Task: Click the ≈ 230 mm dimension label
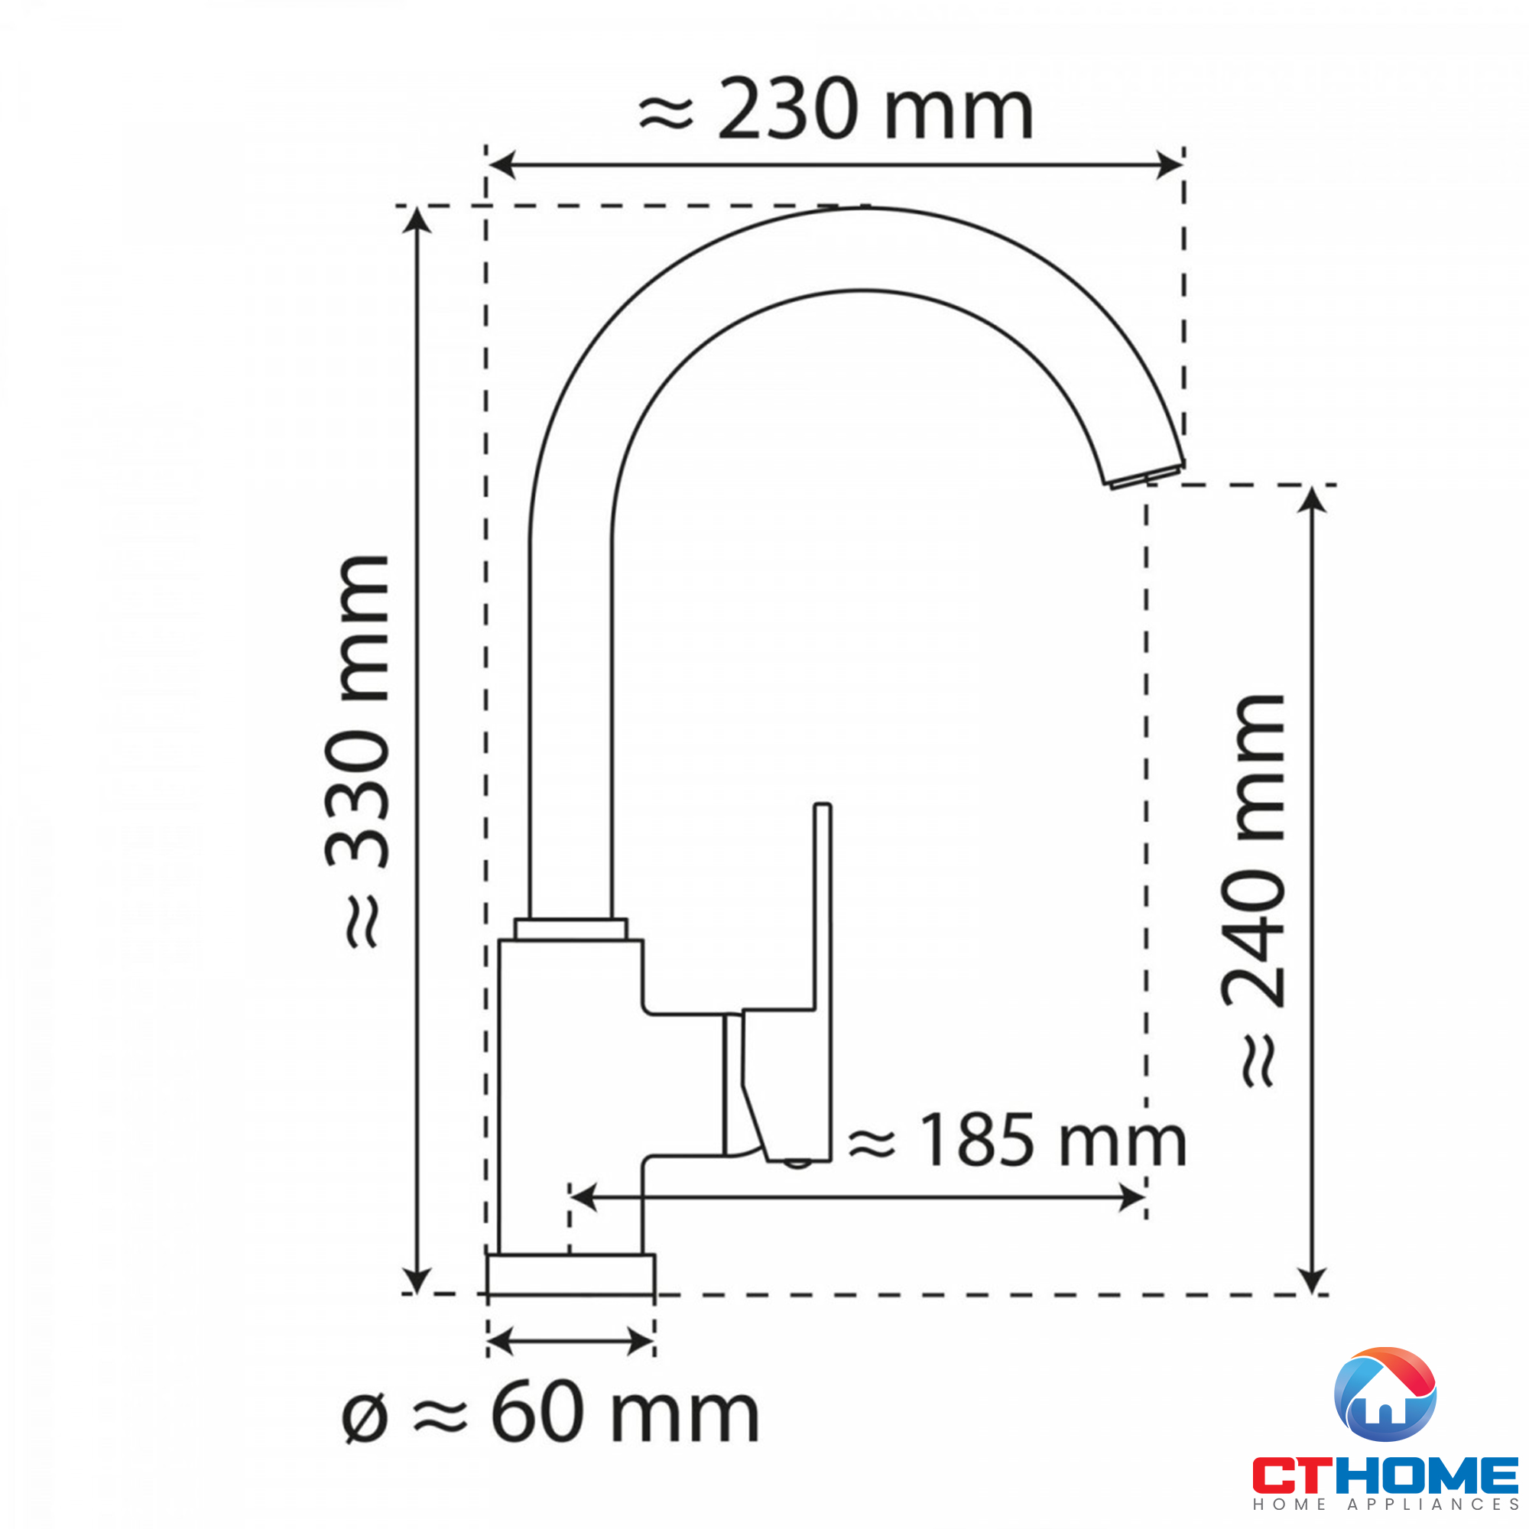click(x=836, y=109)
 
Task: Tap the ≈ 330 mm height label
click(x=357, y=751)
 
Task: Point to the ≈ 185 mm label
click(x=1016, y=1141)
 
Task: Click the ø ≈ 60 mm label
click(x=550, y=1414)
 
